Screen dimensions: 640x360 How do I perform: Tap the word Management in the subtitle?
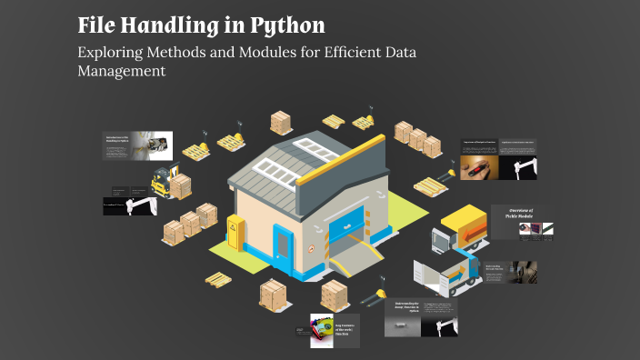122,72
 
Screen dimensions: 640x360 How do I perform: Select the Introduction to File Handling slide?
136,146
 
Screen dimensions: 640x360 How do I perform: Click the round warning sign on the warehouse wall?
310,245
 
